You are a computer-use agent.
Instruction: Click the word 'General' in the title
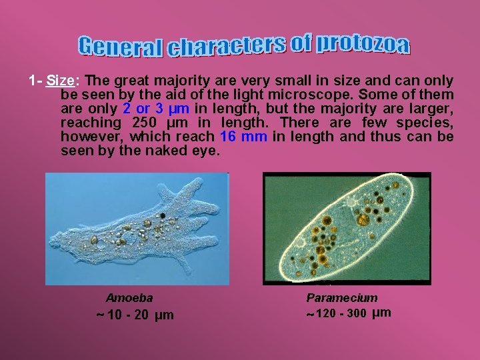120,47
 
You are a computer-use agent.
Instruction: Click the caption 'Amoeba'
129,298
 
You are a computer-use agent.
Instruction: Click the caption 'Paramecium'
341,298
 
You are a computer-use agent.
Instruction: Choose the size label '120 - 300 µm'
349,313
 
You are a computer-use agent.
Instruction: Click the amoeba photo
137,229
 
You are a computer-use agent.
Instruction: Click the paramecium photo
347,229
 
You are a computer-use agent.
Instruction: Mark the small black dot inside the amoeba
161,216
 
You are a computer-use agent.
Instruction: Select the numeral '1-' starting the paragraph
35,81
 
